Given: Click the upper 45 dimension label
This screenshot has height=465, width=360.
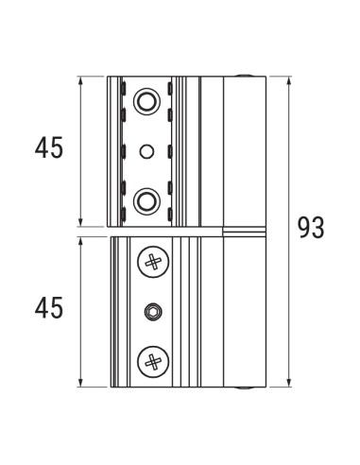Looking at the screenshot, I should coord(48,147).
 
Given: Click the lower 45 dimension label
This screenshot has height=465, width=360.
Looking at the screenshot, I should coord(48,308).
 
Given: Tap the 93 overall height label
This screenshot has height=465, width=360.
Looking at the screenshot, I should coord(312,228).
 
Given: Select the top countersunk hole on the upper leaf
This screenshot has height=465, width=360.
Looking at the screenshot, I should coord(146,100).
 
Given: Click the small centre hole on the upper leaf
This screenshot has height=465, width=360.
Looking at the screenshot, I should coord(146,150).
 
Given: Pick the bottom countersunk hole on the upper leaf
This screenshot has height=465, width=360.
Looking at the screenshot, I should coord(146,198).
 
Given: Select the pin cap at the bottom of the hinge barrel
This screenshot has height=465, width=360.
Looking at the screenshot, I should coord(245,387).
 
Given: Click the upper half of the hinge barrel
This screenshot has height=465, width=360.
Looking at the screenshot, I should coord(245,151).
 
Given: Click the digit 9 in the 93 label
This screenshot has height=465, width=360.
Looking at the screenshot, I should coord(304,228).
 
